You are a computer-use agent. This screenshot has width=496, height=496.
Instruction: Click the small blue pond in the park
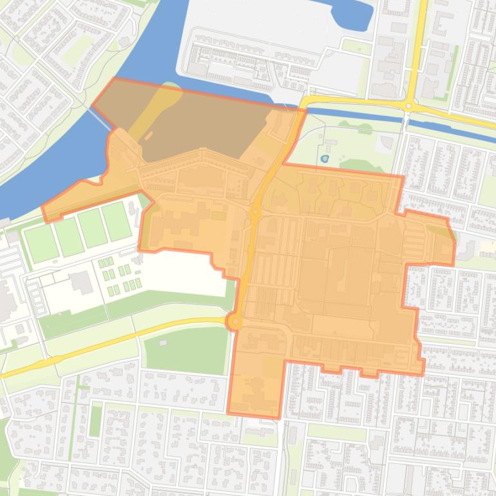(324, 157)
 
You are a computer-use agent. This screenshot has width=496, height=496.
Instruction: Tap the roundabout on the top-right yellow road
(408, 105)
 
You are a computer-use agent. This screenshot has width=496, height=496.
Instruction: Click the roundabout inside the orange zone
(255, 211)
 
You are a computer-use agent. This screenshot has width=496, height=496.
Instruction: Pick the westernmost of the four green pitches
(41, 242)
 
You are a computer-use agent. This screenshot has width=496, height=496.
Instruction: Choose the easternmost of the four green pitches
(117, 220)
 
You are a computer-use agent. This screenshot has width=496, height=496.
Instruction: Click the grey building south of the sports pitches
(81, 281)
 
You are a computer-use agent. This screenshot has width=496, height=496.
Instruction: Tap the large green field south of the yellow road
(186, 349)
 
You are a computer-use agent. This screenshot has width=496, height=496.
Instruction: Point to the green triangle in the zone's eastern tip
(440, 231)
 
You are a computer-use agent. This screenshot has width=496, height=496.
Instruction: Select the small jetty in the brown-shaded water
(148, 137)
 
